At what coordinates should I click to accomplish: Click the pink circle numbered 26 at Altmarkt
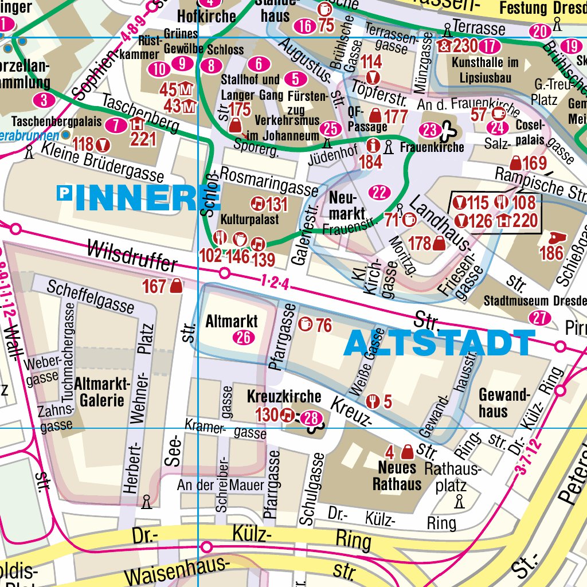tap(244, 338)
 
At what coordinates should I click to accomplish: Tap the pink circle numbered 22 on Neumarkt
tap(379, 193)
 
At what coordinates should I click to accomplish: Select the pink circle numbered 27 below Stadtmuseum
tap(540, 318)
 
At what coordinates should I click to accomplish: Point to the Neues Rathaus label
tap(397, 475)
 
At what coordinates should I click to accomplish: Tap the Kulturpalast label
tap(241, 220)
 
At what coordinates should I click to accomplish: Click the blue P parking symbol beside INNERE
tap(65, 194)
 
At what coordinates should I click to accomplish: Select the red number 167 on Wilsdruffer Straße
tap(154, 286)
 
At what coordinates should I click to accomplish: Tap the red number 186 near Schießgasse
tap(551, 253)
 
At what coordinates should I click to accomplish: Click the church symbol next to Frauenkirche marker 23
tap(445, 131)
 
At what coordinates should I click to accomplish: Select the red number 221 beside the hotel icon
tap(143, 139)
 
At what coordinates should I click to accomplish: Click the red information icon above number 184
tap(374, 146)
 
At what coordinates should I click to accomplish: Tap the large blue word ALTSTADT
tap(440, 343)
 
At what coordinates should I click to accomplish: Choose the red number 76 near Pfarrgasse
tap(324, 326)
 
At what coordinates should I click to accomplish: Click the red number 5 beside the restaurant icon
tap(388, 402)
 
